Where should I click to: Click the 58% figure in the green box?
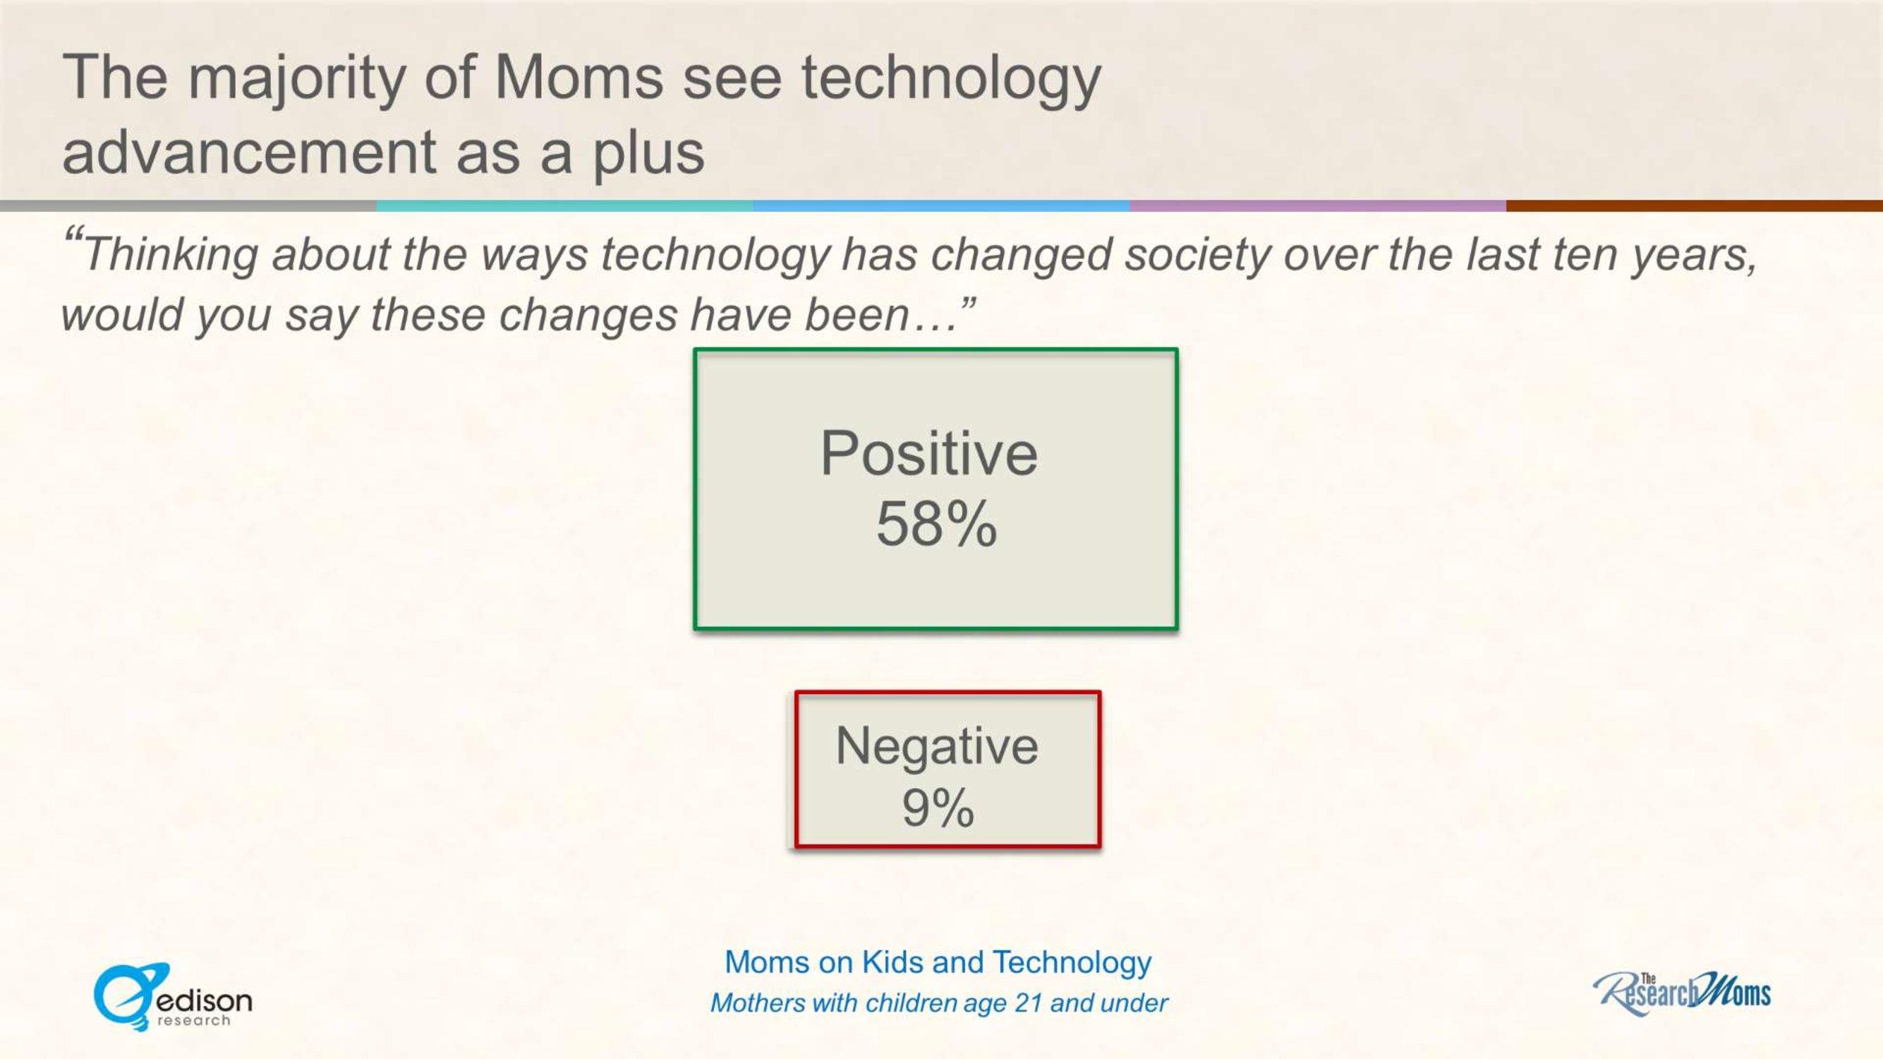pos(936,524)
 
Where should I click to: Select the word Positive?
pos(928,453)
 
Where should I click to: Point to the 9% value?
pos(938,808)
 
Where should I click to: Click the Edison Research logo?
pos(173,997)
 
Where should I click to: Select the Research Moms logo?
pos(1682,993)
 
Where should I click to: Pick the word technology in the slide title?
pos(951,83)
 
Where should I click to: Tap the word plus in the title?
pos(648,157)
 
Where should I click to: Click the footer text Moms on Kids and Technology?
pos(938,963)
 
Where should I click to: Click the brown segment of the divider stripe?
pos(1695,206)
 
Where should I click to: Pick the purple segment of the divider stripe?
pos(1318,206)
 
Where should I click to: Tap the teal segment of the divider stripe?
pos(565,206)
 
